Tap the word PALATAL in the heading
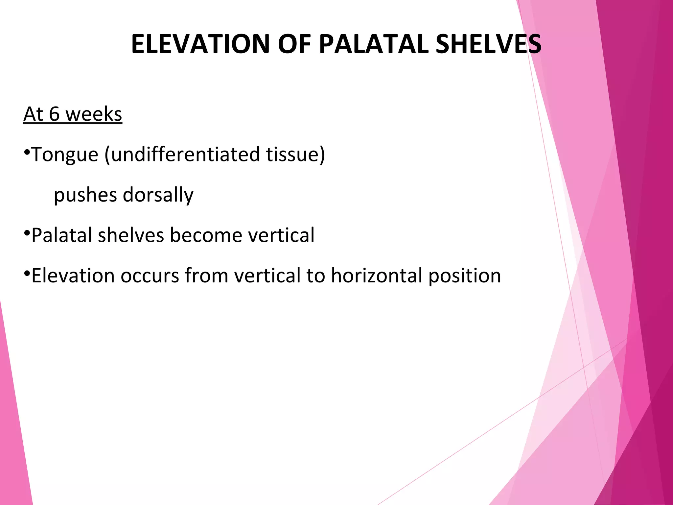coord(373,44)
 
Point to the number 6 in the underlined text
coord(54,114)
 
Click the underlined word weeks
coord(94,114)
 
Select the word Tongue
coord(65,155)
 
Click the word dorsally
coord(158,195)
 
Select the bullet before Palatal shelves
coord(27,233)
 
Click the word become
coord(206,235)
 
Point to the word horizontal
coord(377,276)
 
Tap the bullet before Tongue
coord(27,152)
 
